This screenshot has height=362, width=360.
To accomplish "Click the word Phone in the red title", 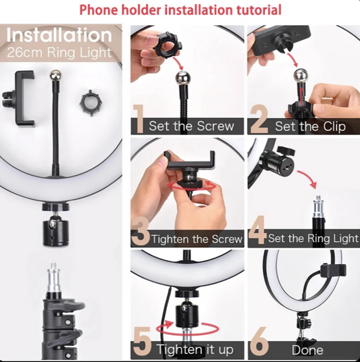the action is (x=99, y=9).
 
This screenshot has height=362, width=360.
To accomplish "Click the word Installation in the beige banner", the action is (x=59, y=35).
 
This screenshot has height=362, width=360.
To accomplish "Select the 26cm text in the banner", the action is (x=25, y=53).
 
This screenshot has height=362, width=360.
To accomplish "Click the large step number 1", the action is (x=138, y=119).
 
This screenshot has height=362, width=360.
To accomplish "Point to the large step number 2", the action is (x=259, y=119).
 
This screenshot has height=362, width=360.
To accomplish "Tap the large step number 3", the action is (x=140, y=231).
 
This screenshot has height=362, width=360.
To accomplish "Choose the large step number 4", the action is (x=257, y=230).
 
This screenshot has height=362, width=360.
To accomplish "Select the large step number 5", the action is (x=143, y=341).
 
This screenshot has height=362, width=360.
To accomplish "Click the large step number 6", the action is (x=259, y=342).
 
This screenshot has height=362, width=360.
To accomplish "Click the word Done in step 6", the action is (x=307, y=350).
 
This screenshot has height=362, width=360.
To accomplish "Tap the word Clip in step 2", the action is (x=334, y=126).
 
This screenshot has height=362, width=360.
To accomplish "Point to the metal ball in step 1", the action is (x=182, y=78).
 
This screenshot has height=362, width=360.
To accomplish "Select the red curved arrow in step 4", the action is (x=308, y=178).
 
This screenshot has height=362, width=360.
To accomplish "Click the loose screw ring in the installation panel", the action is (x=91, y=103).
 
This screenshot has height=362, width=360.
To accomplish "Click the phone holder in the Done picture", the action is (x=333, y=273).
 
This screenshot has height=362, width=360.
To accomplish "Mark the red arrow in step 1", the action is (x=178, y=61).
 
